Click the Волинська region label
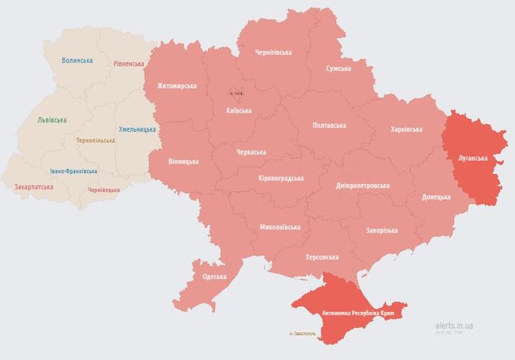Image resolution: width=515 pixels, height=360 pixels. (x=77, y=61)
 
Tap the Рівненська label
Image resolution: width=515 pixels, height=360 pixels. (x=129, y=63)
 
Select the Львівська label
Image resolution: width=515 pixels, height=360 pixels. (x=52, y=120)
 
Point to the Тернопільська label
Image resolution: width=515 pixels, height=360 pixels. (x=96, y=140)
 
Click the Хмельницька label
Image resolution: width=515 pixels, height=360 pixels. (x=138, y=129)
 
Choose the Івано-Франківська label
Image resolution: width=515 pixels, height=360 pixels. (x=74, y=171)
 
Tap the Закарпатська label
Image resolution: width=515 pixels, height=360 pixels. (x=33, y=187)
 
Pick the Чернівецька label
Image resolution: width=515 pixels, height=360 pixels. (x=104, y=189)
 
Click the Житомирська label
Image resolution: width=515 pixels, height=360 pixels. (x=177, y=86)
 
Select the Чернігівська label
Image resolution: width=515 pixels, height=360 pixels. (x=274, y=52)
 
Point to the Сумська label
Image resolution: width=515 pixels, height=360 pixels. (x=339, y=68)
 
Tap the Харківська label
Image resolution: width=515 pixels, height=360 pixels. (x=406, y=129)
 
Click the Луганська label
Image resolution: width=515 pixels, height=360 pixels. (x=473, y=158)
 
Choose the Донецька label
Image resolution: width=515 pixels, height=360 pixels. (x=436, y=197)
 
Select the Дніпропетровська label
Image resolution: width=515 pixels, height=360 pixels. (x=363, y=186)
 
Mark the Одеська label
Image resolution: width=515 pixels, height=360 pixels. (x=214, y=276)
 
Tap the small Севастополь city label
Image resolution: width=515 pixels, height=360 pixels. (x=302, y=334)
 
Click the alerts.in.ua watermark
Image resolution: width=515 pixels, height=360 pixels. (x=454, y=325)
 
